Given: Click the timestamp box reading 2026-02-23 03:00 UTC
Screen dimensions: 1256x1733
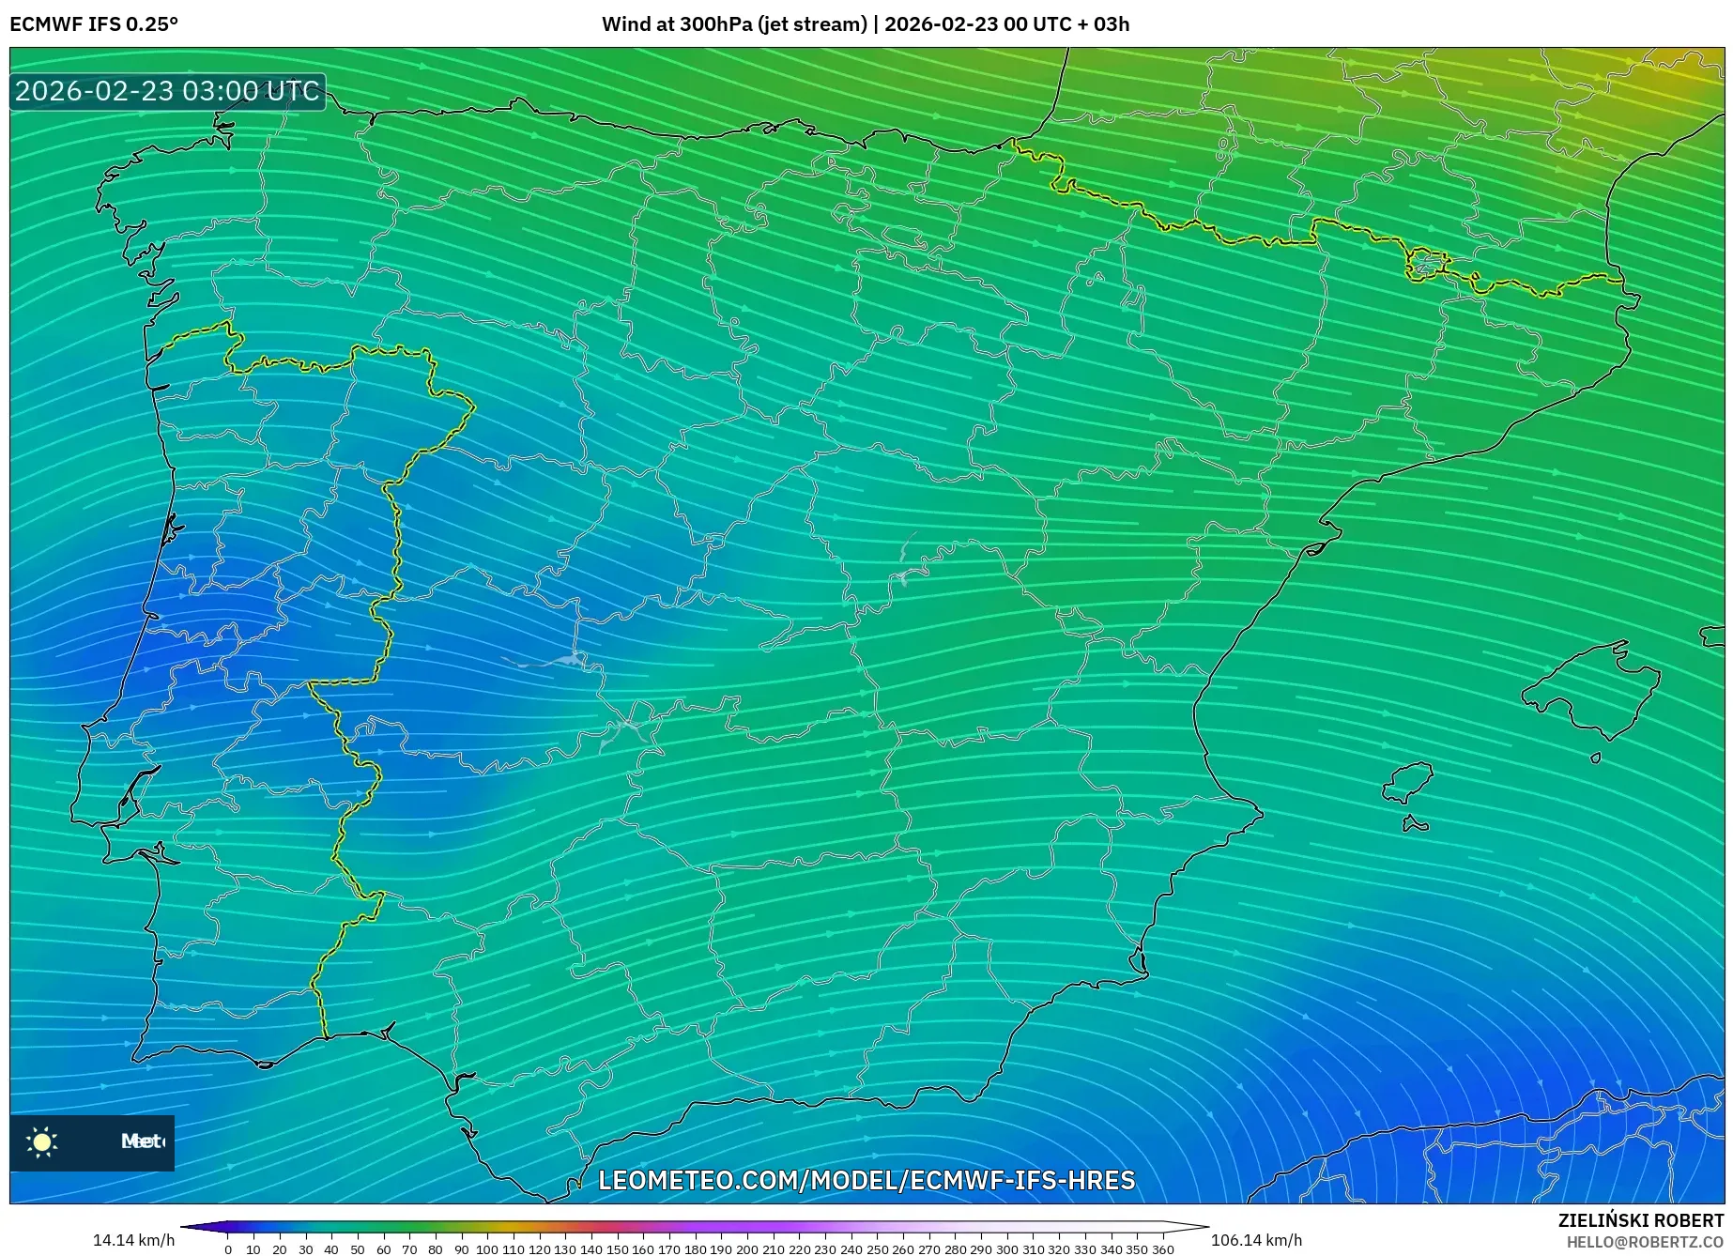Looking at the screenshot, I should point(167,91).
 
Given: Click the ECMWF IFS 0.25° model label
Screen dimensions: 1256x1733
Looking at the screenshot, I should point(94,24).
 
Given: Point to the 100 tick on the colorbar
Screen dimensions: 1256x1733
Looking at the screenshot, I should point(486,1248).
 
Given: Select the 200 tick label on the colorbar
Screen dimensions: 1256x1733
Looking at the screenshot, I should point(746,1249).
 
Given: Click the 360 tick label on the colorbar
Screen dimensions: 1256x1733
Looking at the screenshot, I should point(1162,1249).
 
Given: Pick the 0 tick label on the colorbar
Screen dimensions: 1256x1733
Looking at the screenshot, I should point(227,1249).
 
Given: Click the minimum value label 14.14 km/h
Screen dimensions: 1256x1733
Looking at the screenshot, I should point(133,1240).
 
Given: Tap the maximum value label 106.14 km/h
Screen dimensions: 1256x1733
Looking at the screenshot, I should point(1256,1240).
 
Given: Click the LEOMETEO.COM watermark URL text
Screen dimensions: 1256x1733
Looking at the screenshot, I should point(866,1180).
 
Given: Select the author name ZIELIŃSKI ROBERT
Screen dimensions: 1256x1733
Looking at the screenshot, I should point(1640,1220).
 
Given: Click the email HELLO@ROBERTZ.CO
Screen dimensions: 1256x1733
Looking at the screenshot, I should point(1644,1242).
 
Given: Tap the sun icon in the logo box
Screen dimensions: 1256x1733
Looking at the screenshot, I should point(42,1141).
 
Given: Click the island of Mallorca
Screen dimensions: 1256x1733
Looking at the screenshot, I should point(1592,690).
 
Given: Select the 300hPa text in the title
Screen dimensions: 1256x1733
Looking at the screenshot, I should point(714,24).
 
